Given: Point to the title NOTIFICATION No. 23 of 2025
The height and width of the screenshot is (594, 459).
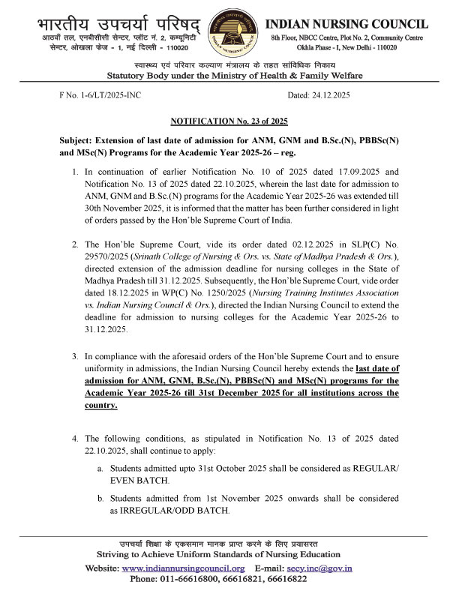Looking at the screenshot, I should click(x=229, y=121).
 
